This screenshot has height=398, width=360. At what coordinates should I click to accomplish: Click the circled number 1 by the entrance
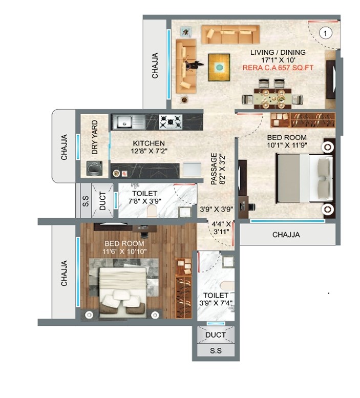point(325,33)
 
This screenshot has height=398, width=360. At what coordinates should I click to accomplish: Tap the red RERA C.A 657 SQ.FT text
point(278,68)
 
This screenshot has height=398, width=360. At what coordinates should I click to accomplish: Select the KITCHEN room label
point(149,143)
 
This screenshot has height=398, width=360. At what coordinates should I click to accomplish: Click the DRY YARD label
point(95,137)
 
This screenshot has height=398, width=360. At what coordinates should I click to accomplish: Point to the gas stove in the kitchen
point(171,121)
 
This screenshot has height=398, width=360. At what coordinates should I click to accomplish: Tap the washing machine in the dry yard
point(95,169)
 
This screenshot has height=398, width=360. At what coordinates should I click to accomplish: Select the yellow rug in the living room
point(219,68)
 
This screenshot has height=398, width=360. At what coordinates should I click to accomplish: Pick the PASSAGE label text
point(214,169)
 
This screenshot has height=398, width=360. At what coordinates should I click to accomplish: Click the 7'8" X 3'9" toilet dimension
point(144,201)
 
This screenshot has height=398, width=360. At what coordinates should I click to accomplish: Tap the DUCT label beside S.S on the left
point(102,201)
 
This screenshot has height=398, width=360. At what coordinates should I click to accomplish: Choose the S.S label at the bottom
point(216,351)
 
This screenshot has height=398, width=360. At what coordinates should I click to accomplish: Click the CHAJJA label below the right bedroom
point(286,235)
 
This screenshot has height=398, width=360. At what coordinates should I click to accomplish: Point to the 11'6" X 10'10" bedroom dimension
point(124,252)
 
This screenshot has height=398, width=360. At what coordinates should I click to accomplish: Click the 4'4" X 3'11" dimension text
point(222,227)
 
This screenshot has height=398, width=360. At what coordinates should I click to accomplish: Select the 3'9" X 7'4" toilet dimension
point(216,303)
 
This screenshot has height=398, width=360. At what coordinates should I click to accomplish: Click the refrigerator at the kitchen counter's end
point(192,170)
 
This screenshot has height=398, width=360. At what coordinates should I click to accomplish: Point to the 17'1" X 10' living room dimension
point(278,60)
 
